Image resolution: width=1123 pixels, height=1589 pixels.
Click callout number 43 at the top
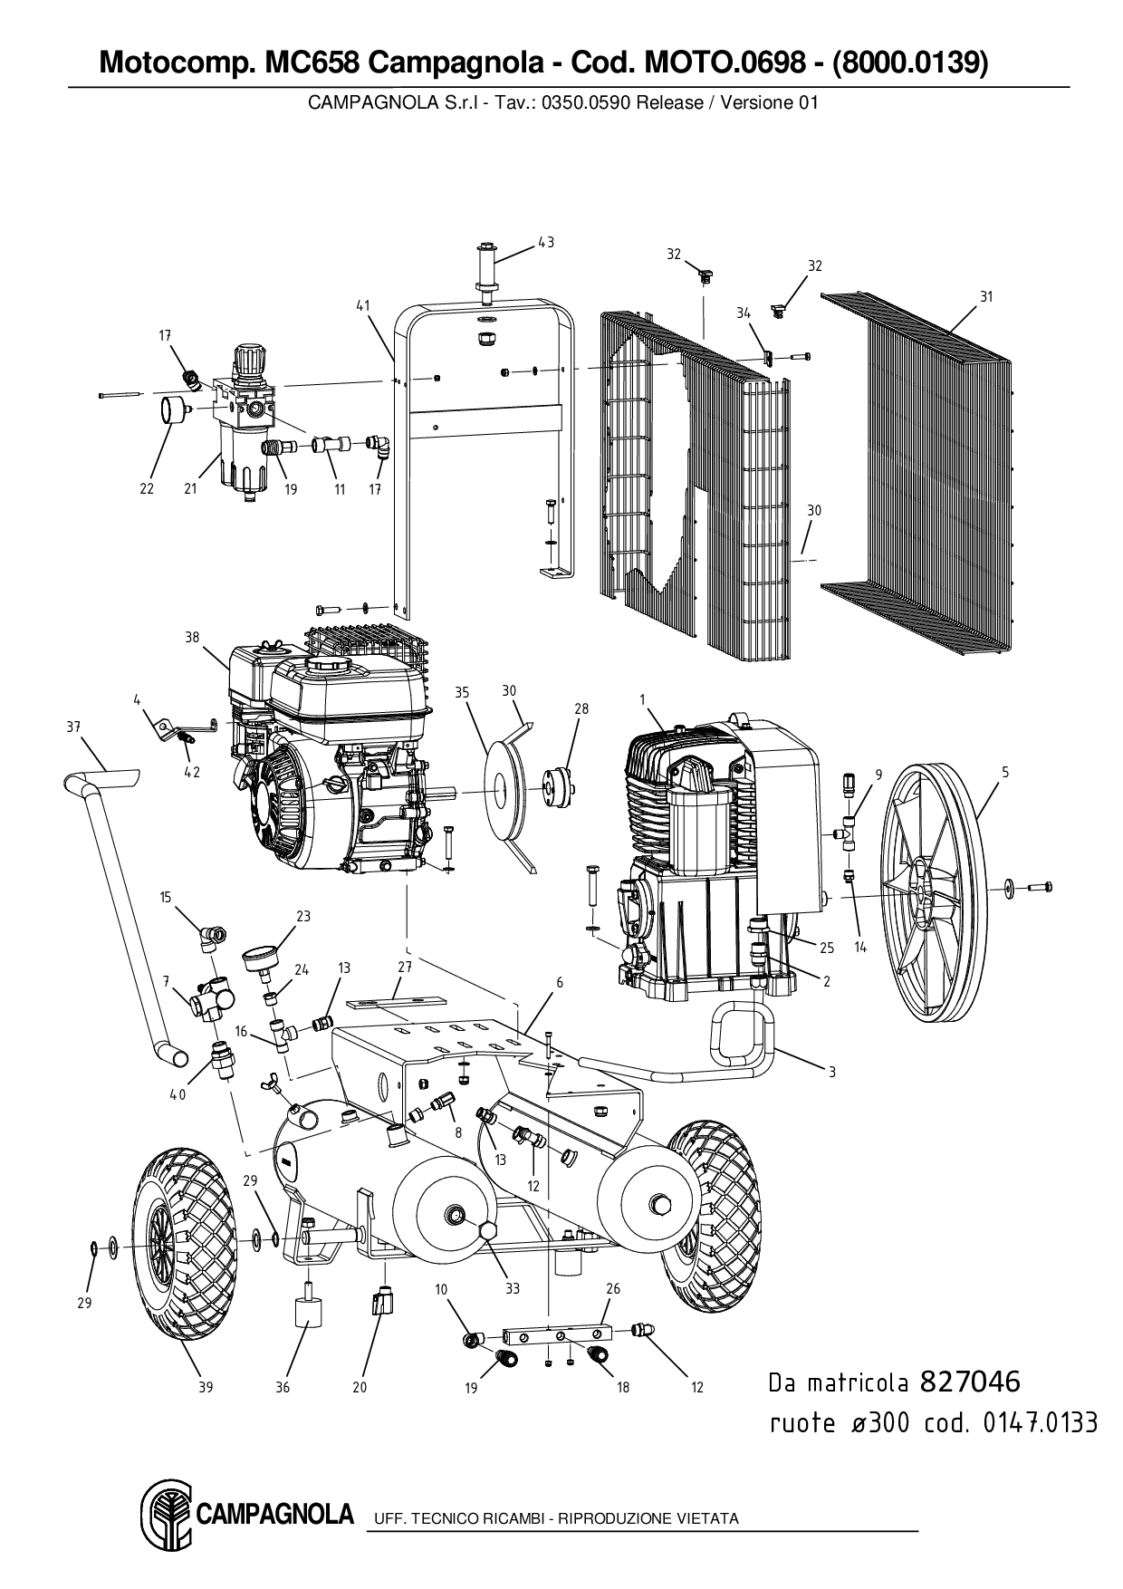(546, 242)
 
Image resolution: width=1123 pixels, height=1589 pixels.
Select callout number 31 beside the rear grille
(986, 296)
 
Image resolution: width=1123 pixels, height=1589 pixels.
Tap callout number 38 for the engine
(192, 637)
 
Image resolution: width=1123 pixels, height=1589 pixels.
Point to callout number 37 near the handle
(73, 727)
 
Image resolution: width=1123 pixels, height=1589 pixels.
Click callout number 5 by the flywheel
(1005, 773)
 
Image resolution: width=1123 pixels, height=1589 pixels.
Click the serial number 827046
(970, 1382)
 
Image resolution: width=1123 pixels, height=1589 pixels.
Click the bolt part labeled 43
(487, 267)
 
